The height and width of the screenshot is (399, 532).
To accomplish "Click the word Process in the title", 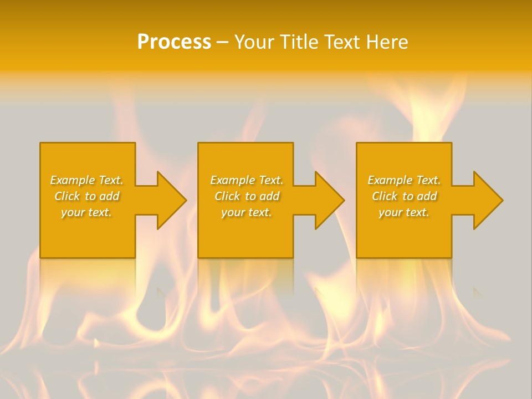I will [174, 42].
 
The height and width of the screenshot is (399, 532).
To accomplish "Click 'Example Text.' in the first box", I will [86, 180].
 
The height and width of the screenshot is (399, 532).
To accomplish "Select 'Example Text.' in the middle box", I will [247, 180].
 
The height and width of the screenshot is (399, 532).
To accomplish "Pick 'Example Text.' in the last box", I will [404, 180].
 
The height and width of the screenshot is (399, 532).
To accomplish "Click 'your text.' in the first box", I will [86, 212].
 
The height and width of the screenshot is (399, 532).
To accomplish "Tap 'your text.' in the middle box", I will [247, 212].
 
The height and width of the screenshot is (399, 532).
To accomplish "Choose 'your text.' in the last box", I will [404, 212].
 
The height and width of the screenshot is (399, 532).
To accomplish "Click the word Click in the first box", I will [67, 196].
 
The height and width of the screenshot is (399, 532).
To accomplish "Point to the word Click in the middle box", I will [227, 196].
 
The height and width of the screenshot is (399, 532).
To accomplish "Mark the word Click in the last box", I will [385, 196].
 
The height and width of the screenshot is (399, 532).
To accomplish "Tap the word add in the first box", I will [110, 196].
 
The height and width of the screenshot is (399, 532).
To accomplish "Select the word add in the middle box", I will [270, 196].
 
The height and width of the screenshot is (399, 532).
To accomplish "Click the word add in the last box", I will [427, 196].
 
